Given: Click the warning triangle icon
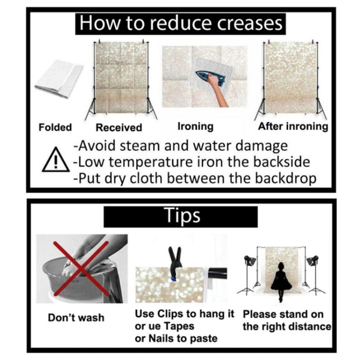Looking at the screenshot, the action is coord(56,160).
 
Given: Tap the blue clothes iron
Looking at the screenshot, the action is coord(210,77).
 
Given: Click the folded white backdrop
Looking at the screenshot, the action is coord(59,78).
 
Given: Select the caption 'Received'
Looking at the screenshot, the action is coord(119,127).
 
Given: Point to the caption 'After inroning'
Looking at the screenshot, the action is coord(293,126).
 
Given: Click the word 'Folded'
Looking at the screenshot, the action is coord(55,127).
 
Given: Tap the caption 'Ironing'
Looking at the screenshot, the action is coord(196,126).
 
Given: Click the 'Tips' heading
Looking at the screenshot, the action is coord(182,216).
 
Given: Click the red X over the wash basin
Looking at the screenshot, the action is coord(81,268).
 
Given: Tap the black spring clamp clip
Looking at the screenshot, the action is coord(175,263).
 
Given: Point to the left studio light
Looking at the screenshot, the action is coord(249,274).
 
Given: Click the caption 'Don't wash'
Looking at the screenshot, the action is coord(76,317).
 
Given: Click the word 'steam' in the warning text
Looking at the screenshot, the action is coord(140,146).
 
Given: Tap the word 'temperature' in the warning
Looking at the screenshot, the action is coord(151,162).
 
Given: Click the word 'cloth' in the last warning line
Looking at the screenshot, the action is coord(146,178).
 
